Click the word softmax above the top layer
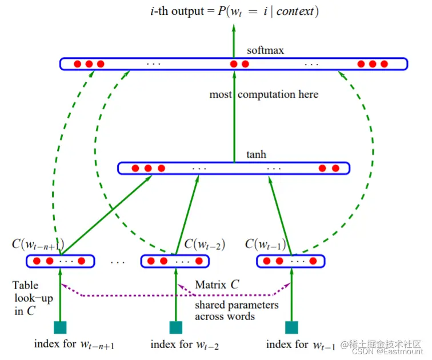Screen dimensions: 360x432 click(x=265, y=50)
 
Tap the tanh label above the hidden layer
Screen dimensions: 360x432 click(x=256, y=154)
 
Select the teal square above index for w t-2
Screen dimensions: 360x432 click(x=176, y=327)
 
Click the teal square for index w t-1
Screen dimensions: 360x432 click(x=291, y=327)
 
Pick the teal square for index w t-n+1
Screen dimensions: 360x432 click(x=59, y=327)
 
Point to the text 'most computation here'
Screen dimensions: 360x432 click(x=263, y=94)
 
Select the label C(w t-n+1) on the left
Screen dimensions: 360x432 click(x=37, y=245)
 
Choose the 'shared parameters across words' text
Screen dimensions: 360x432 click(x=237, y=310)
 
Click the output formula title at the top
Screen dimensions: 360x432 click(x=233, y=11)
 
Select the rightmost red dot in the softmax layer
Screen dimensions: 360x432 click(x=388, y=64)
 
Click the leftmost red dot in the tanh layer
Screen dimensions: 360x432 click(x=135, y=169)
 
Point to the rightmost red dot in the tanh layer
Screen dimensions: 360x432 click(x=335, y=169)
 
